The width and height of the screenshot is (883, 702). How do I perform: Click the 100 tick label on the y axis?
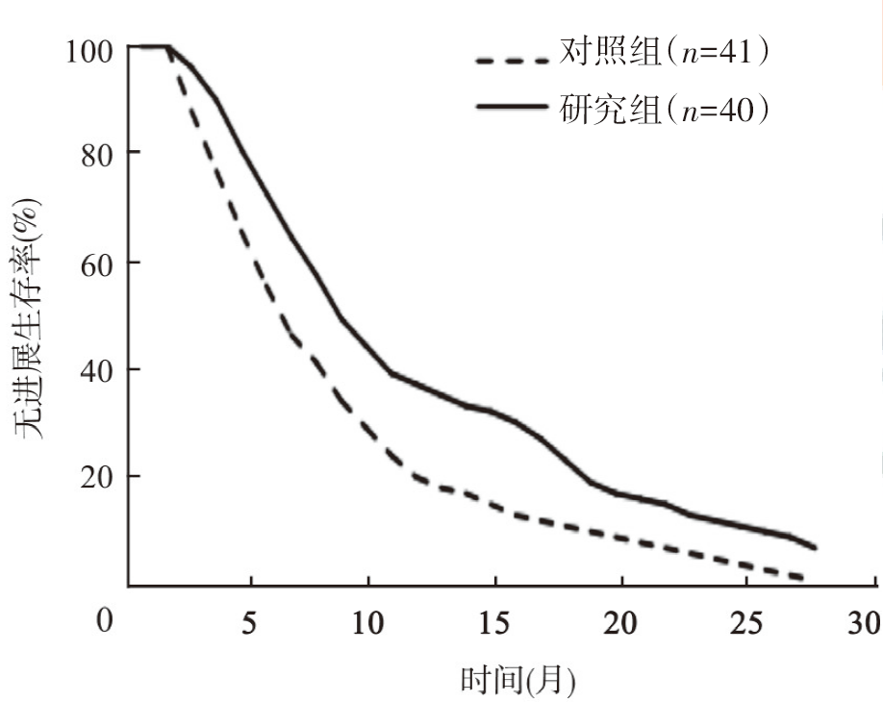[91, 48]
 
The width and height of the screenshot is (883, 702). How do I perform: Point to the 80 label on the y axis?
[98, 153]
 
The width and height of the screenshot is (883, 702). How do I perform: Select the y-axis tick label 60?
[98, 262]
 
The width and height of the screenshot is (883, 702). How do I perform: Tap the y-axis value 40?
[98, 369]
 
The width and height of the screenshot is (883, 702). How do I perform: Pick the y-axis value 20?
[98, 477]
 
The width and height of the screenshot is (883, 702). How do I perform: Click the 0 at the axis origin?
[104, 620]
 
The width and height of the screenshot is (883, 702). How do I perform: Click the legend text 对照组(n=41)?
[665, 55]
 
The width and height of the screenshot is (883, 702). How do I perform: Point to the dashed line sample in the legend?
[513, 60]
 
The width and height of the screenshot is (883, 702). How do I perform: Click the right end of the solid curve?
[816, 548]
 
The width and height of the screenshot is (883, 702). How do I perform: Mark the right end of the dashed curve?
[802, 578]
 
